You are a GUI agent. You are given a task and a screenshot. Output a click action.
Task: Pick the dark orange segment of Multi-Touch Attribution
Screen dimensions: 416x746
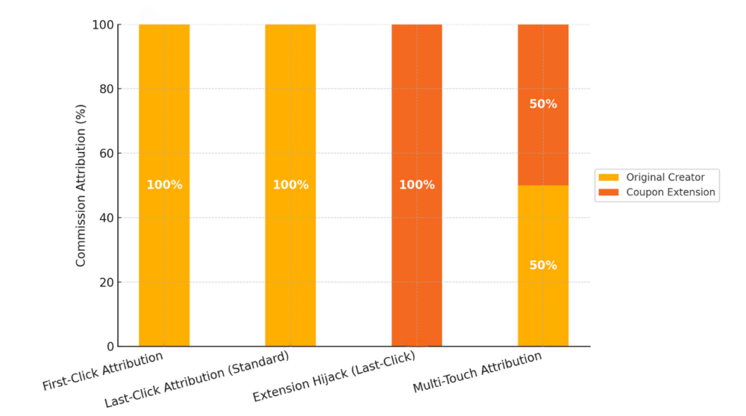[543, 142]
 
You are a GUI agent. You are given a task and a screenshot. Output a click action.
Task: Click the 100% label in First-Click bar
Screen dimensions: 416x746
[164, 185]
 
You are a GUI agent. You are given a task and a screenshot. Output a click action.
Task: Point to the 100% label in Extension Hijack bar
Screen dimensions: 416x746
[416, 185]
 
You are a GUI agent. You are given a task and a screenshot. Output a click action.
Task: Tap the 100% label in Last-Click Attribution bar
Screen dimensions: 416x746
[290, 185]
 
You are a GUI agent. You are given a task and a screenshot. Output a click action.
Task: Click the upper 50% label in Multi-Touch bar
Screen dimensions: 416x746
[543, 104]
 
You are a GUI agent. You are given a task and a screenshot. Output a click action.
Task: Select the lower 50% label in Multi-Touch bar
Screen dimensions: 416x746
[543, 265]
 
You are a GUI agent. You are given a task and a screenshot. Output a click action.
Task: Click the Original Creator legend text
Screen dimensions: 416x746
[665, 177]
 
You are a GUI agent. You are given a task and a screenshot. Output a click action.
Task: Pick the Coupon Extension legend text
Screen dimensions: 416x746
[670, 192]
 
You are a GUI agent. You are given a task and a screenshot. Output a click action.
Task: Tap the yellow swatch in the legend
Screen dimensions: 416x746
[609, 177]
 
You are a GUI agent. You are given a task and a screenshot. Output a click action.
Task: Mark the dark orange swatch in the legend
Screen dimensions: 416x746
[609, 192]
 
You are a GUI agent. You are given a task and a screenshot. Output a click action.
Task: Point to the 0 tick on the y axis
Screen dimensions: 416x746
[110, 347]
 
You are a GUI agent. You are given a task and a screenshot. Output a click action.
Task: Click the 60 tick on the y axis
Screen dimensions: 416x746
[107, 154]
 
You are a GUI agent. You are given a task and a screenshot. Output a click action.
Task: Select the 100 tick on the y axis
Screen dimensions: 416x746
[104, 25]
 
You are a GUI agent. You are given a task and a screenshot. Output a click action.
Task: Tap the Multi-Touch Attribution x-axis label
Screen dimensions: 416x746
[478, 373]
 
